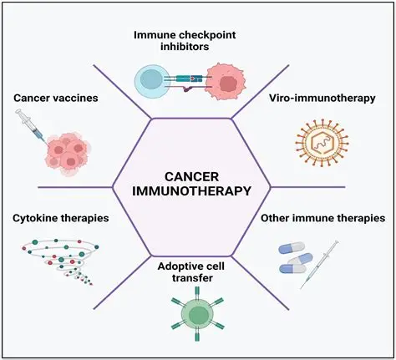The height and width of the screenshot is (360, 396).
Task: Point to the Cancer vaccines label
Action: [x=55, y=99]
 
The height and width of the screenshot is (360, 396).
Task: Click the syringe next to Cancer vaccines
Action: [x=30, y=125]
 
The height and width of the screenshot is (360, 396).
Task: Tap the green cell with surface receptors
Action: [x=198, y=315]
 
